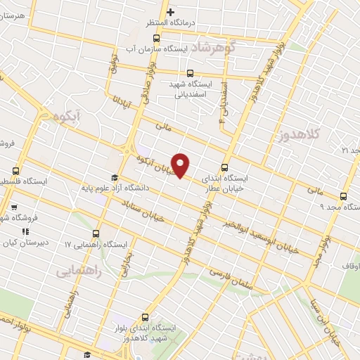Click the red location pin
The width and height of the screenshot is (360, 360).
coord(181,165)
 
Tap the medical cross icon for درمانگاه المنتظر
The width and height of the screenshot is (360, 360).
coord(170,12)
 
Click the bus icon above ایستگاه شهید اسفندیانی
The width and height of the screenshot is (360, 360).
coord(189,72)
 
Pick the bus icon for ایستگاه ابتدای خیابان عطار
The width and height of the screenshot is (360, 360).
coord(224,167)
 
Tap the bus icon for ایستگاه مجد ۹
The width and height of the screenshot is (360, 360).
coord(343,196)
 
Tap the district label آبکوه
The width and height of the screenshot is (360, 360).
coord(71,115)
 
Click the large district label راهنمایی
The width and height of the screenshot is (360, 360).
coord(79,269)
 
